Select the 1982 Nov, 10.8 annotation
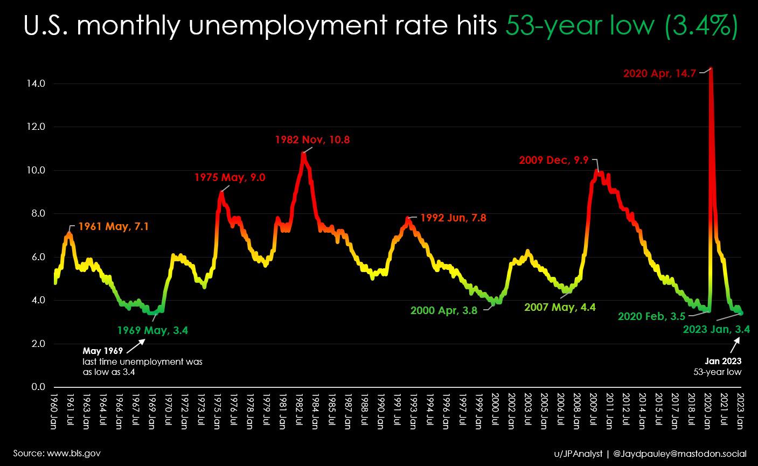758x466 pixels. (312, 140)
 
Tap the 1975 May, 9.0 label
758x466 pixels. (230, 177)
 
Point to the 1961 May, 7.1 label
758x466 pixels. (113, 227)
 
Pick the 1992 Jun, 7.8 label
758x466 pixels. (456, 218)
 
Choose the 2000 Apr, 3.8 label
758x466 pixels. (443, 311)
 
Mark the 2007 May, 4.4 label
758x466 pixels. (560, 307)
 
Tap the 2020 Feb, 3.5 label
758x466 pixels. (651, 317)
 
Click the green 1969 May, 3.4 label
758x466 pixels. (152, 331)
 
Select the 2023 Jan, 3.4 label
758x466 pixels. (716, 330)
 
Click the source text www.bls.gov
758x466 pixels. (57, 453)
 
